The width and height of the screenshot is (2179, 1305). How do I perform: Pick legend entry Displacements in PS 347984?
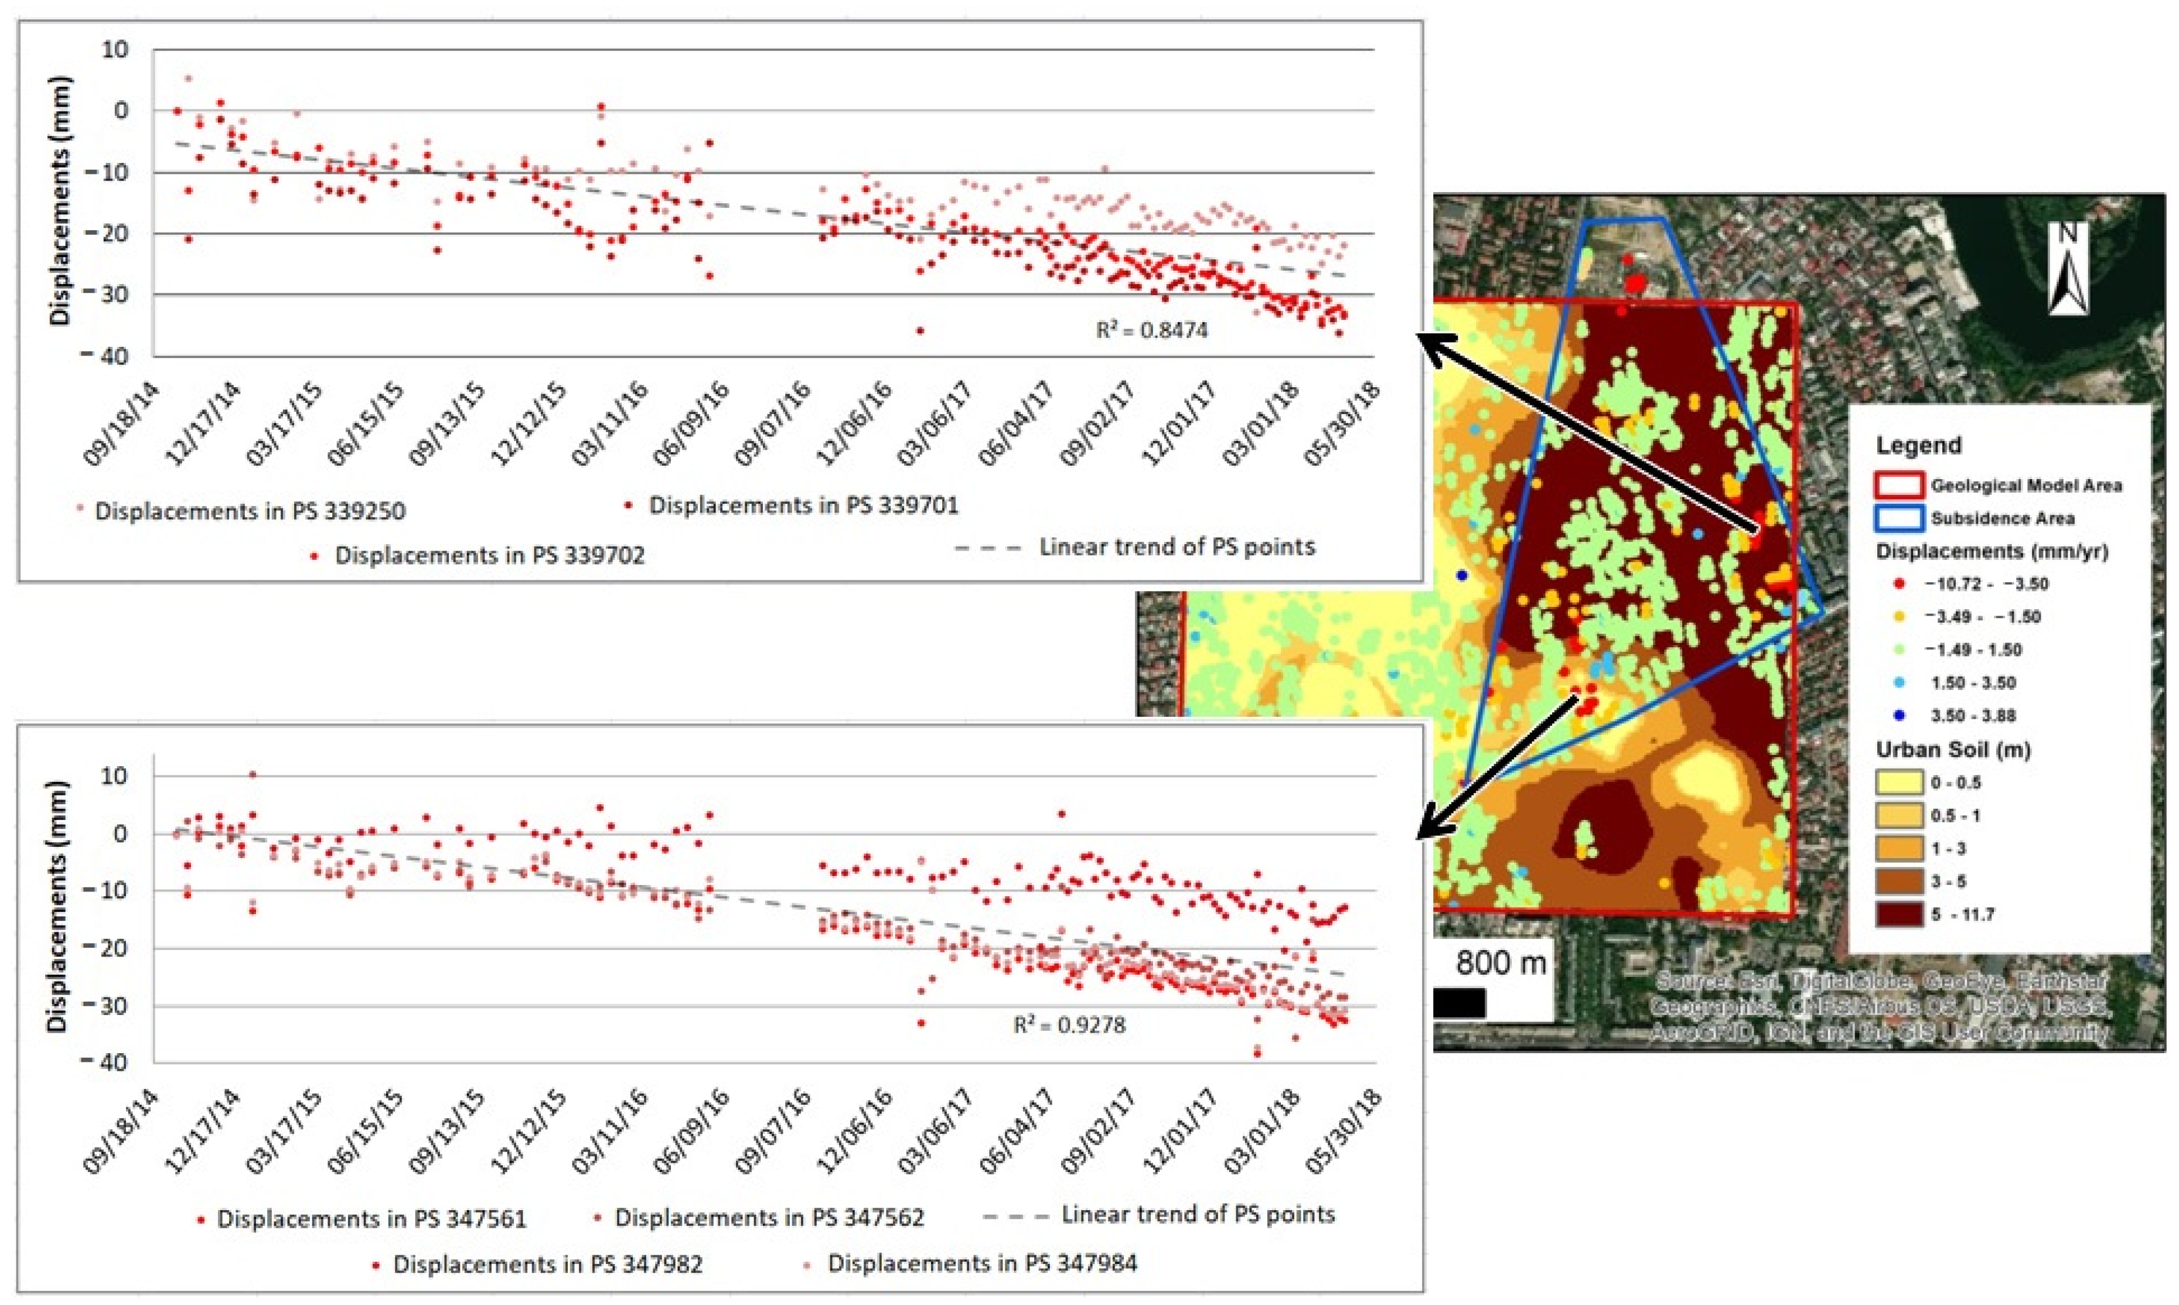[x=982, y=1263]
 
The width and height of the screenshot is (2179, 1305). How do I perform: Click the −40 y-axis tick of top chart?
[x=105, y=356]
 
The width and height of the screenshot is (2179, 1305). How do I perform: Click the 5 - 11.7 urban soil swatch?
[x=1898, y=914]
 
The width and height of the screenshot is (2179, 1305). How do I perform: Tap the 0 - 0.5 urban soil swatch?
[x=1898, y=783]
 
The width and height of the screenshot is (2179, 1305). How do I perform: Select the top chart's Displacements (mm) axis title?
[x=60, y=202]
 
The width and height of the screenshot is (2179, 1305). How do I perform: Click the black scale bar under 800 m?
[x=1460, y=1003]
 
